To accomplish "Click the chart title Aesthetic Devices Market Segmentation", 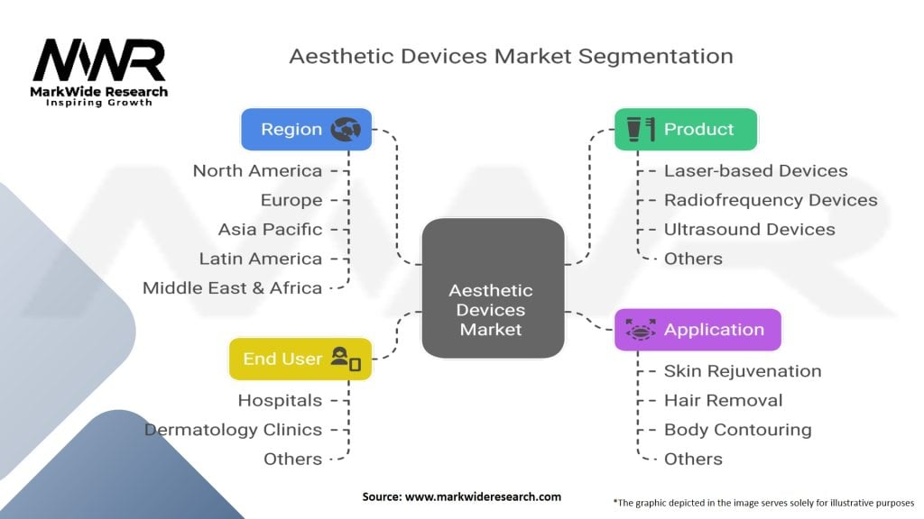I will click(511, 56).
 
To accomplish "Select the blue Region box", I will click(306, 129).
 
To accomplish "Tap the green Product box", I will click(685, 129).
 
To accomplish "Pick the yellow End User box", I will click(300, 359).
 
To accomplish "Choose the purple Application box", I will click(697, 330).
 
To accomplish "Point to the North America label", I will click(257, 170).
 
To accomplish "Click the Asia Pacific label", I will click(270, 229).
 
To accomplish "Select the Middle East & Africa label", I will click(232, 287).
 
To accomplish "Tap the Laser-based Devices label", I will click(755, 170).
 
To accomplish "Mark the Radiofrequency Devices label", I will click(770, 200).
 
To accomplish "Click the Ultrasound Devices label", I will click(749, 229).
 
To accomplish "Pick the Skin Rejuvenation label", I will click(743, 370).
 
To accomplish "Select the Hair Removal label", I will click(723, 400).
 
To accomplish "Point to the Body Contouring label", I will click(737, 430).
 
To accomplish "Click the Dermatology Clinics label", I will click(233, 430).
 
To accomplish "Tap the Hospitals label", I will click(280, 400).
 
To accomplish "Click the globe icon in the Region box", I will click(346, 129).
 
